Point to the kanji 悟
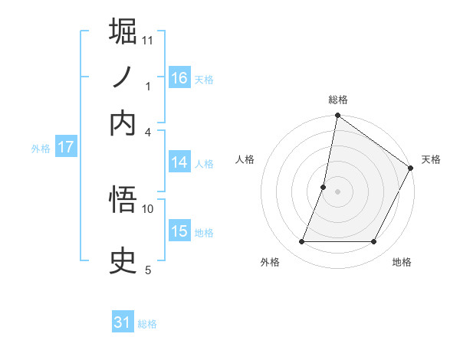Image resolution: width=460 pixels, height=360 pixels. pyautogui.click(x=123, y=201)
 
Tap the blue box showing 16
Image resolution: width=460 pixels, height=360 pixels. pyautogui.click(x=179, y=78)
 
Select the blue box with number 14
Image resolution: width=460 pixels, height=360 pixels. pyautogui.click(x=179, y=162)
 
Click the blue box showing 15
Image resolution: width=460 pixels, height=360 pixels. pyautogui.click(x=179, y=232)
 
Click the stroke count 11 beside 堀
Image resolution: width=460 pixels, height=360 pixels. pyautogui.click(x=148, y=40)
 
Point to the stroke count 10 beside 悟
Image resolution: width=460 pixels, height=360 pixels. pyautogui.click(x=148, y=208)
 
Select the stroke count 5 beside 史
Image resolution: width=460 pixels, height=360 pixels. pyautogui.click(x=148, y=270)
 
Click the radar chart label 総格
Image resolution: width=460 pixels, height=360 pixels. pyautogui.click(x=337, y=100)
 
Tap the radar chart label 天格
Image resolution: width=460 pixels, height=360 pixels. pyautogui.click(x=431, y=159)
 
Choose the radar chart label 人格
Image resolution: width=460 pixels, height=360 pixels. pyautogui.click(x=245, y=159)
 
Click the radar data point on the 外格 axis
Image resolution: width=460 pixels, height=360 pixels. pyautogui.click(x=301, y=242)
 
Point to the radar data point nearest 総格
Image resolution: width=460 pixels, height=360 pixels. pyautogui.click(x=337, y=116)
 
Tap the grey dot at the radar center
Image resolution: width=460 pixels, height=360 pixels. pyautogui.click(x=337, y=191)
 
